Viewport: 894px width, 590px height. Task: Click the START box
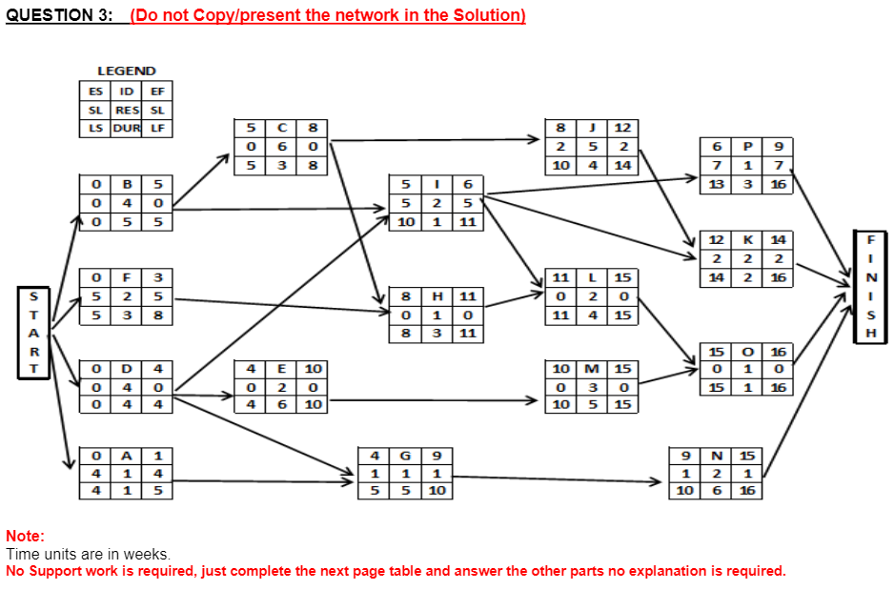click(x=34, y=331)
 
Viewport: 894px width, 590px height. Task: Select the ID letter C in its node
click(x=282, y=127)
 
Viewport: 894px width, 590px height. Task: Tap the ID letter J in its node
click(x=593, y=127)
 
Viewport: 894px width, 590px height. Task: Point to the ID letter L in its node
click(x=593, y=277)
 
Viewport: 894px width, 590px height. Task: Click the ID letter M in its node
click(x=593, y=369)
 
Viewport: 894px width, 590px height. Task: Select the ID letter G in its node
click(x=407, y=455)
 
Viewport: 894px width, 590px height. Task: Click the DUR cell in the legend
click(x=127, y=128)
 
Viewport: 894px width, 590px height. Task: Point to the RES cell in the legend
click(x=127, y=110)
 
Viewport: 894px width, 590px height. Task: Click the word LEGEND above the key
click(x=127, y=71)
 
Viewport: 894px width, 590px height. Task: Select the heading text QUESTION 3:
click(x=59, y=16)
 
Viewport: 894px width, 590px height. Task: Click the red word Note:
click(x=25, y=537)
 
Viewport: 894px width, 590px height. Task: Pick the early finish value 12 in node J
click(x=623, y=127)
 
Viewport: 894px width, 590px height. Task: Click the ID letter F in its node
click(x=127, y=277)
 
